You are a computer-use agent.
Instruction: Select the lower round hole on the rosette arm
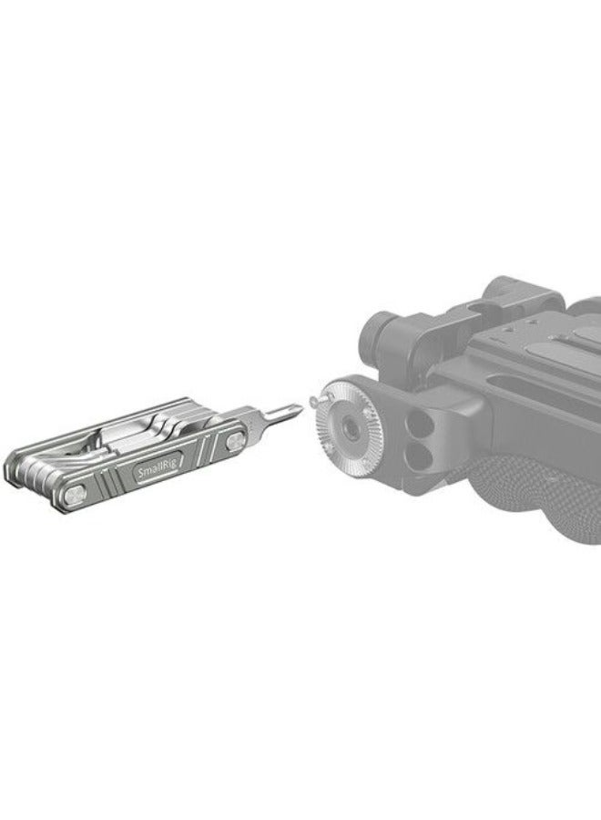419,456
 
